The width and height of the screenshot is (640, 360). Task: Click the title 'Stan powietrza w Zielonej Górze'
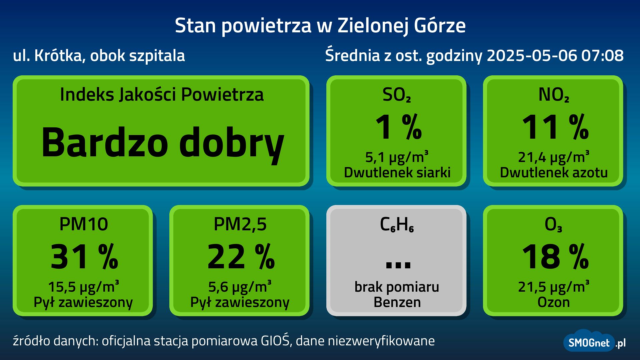click(320, 26)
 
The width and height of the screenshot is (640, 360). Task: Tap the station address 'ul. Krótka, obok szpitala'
click(99, 56)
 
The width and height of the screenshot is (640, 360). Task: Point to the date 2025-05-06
click(532, 55)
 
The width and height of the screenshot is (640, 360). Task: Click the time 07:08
click(602, 55)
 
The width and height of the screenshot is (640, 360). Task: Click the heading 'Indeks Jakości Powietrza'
click(162, 95)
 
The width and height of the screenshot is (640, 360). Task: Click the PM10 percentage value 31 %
click(84, 257)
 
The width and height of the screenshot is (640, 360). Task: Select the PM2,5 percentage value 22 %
click(241, 257)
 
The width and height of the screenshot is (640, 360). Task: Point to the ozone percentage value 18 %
click(555, 257)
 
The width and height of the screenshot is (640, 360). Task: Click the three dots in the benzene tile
click(398, 265)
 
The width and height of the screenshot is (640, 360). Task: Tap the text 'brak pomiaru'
click(397, 287)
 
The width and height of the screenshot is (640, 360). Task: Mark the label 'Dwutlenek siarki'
click(397, 173)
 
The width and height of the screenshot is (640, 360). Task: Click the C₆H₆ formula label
click(397, 225)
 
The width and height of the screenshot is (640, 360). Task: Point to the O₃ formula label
click(553, 225)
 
